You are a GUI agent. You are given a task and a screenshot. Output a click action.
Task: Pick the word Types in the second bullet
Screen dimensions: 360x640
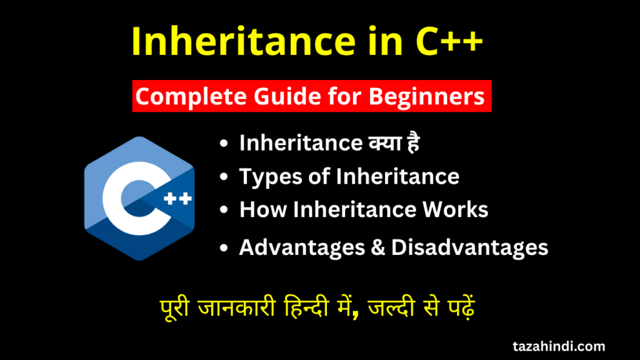pos(270,177)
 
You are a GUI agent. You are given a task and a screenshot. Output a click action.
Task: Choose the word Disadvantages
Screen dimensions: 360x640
pos(469,247)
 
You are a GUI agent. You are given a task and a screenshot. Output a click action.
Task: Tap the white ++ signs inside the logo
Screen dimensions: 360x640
pos(177,198)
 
